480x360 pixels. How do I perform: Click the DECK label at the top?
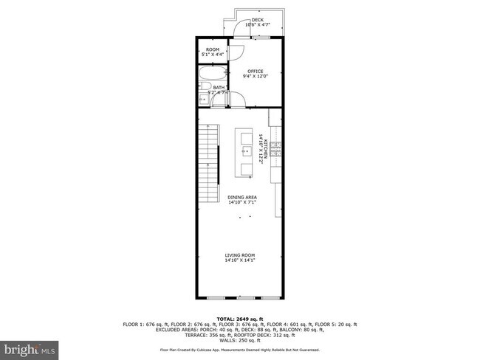[x=257, y=20]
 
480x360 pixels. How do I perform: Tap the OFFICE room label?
[x=255, y=72]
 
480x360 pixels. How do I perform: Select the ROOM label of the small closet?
[x=213, y=49]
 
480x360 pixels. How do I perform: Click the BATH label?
[x=219, y=88]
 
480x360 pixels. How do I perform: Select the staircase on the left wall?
[x=210, y=165]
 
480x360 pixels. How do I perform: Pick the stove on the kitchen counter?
[x=275, y=149]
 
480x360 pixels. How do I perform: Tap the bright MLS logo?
[x=29, y=347]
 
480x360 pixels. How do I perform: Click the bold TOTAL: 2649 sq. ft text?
[x=239, y=319]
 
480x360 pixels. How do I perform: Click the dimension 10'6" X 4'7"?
[x=257, y=26]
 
